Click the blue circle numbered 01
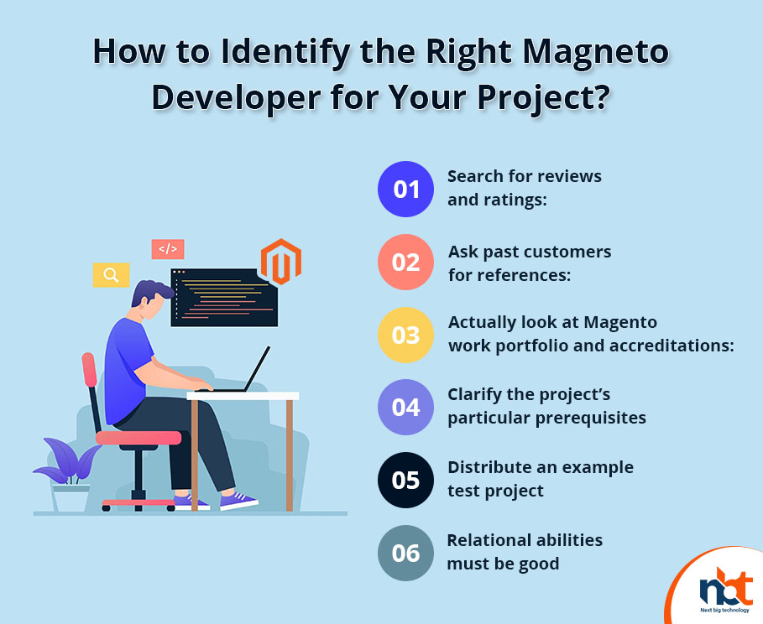coord(405,189)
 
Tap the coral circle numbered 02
coord(405,263)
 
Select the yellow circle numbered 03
coord(405,335)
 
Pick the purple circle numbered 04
coord(405,407)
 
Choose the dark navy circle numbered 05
coord(405,480)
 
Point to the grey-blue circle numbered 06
coord(405,553)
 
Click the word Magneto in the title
coord(596,51)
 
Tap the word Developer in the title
coord(236,98)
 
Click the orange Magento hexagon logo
coord(280,262)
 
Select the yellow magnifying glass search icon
coord(111,275)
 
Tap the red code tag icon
coord(168,249)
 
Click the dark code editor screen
coord(224,298)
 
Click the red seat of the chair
coord(138,438)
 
